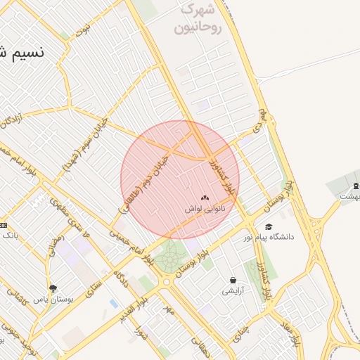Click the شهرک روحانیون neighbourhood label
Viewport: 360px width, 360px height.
201,20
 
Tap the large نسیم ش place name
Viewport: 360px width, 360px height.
20,52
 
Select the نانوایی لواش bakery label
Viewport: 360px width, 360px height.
205,209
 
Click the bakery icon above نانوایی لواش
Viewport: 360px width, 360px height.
205,198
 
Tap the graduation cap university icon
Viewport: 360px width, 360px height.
269,226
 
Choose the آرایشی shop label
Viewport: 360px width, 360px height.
233,290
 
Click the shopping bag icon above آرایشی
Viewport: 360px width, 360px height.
233,280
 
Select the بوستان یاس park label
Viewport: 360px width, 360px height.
53,299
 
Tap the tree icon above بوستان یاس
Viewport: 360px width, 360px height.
53,288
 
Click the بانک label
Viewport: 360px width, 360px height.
10,236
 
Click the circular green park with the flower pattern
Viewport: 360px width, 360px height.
169,258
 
